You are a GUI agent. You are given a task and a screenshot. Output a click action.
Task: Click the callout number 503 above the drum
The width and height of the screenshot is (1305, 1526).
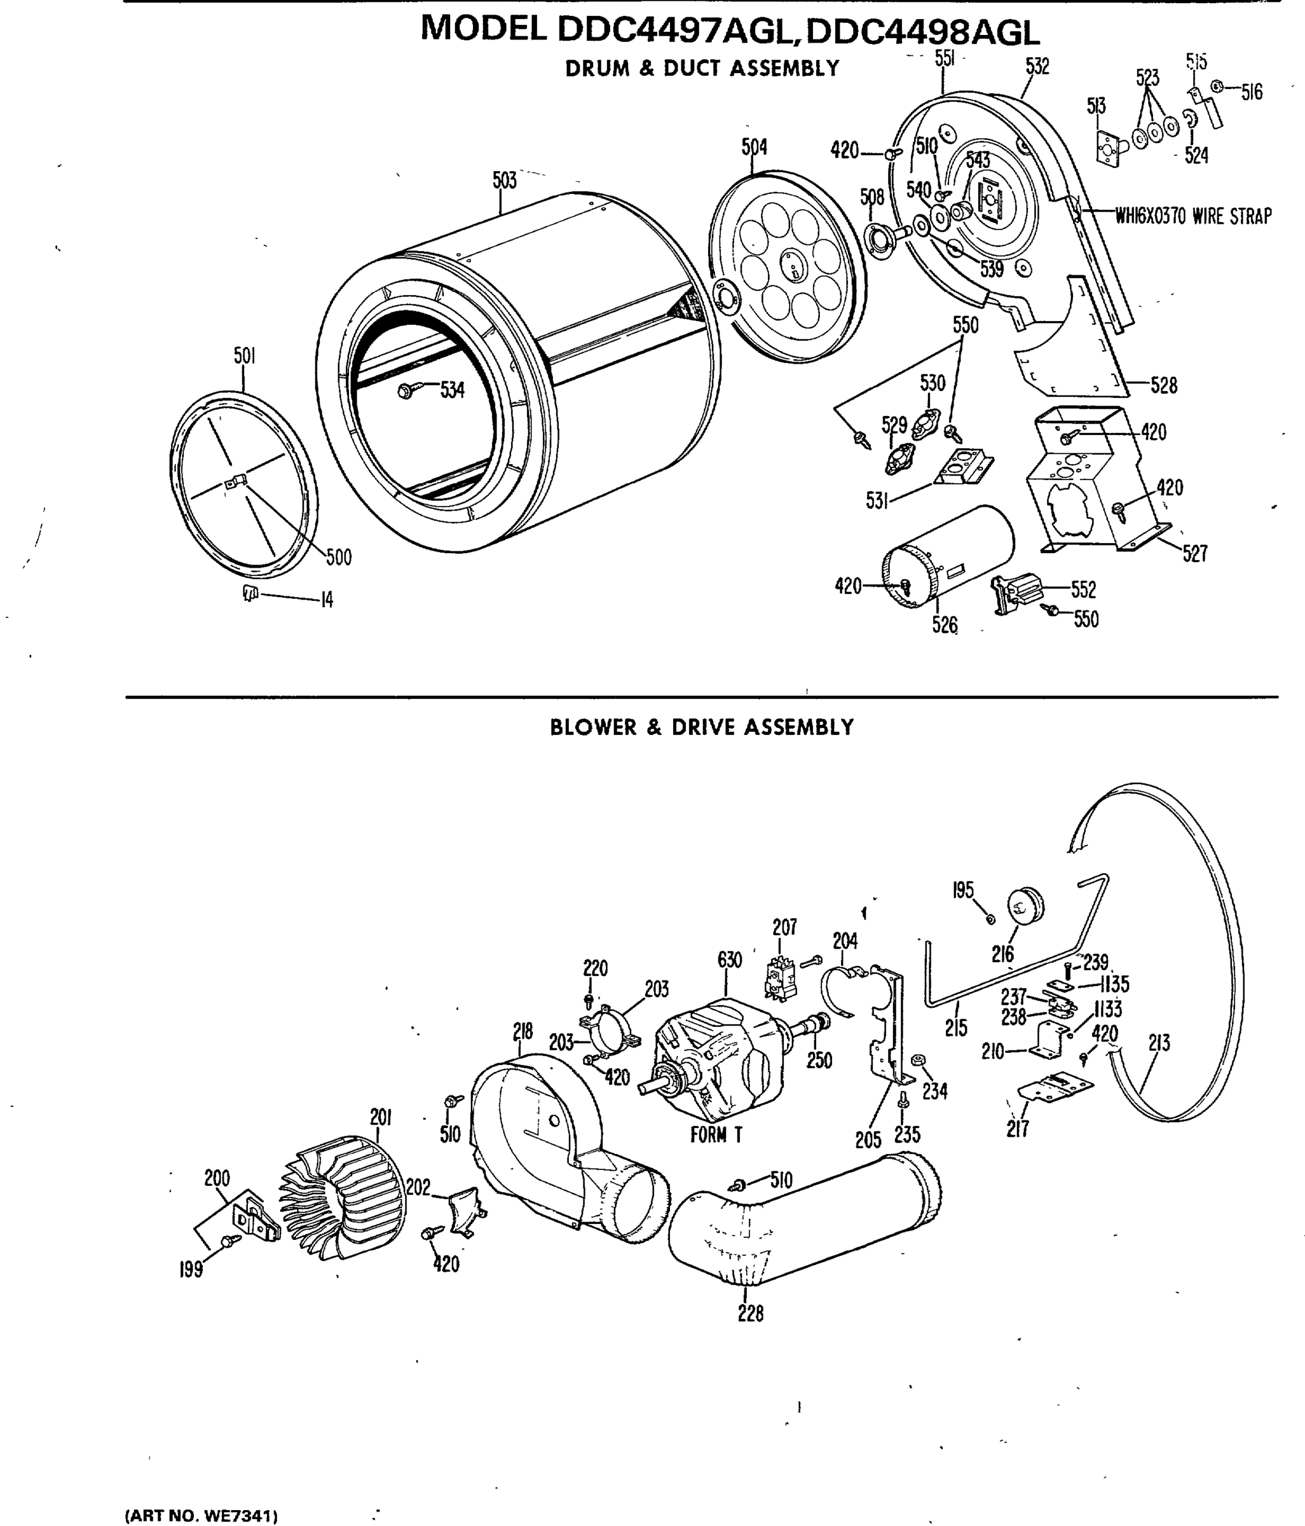505,181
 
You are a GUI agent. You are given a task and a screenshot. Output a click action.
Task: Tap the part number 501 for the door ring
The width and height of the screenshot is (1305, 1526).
245,357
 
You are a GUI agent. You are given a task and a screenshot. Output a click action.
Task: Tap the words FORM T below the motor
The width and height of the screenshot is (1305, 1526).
716,1135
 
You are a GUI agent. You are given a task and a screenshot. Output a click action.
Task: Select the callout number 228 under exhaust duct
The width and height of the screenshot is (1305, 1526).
751,1313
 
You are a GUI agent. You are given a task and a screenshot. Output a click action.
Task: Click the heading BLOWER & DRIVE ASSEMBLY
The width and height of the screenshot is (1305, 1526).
701,727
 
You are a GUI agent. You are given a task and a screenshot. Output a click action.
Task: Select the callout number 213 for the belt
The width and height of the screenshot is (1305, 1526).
1158,1043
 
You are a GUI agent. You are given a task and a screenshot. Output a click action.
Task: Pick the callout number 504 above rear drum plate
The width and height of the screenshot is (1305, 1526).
754,148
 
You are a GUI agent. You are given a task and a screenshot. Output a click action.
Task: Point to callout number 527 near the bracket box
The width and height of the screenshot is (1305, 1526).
1194,553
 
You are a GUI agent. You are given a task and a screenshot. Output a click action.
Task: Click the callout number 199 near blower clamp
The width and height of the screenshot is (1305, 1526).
191,1270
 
